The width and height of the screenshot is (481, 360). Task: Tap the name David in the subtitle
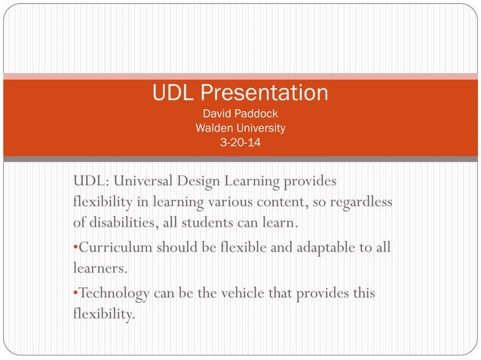pos(216,114)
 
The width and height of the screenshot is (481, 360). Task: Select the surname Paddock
pos(257,114)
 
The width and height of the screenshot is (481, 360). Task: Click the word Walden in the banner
pos(214,128)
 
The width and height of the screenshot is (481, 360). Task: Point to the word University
pos(260,128)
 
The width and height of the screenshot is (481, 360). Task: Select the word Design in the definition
pos(210,182)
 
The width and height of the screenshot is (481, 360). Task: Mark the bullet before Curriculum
pos(75,249)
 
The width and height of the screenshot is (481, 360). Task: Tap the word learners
pos(97,268)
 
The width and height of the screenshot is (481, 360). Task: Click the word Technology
pos(115,293)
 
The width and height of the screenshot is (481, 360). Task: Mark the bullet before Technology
pos(75,294)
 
